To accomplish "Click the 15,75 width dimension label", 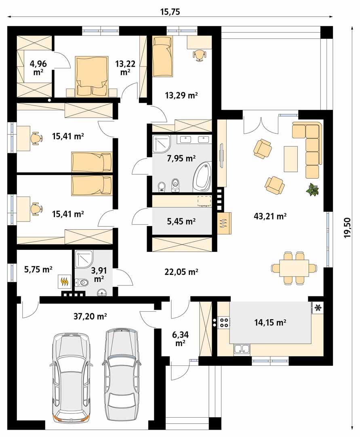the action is [170, 12].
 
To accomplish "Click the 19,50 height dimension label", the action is [347, 228].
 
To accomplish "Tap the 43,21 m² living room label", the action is [270, 216].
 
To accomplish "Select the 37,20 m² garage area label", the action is [90, 316].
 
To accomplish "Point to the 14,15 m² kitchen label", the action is [270, 323].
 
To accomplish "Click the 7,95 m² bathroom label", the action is [181, 158].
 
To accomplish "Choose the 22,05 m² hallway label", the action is [181, 271].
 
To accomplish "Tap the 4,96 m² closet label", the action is [38, 68].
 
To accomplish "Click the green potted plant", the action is [312, 190].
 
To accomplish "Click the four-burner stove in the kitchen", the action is [224, 322].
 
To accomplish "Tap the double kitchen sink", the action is [242, 349].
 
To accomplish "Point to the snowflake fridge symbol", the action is [317, 308].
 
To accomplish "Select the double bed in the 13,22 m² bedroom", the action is [91, 77].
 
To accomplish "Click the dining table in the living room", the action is [294, 268].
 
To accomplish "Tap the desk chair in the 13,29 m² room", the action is [200, 55].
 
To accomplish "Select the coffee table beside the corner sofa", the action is [291, 159].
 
